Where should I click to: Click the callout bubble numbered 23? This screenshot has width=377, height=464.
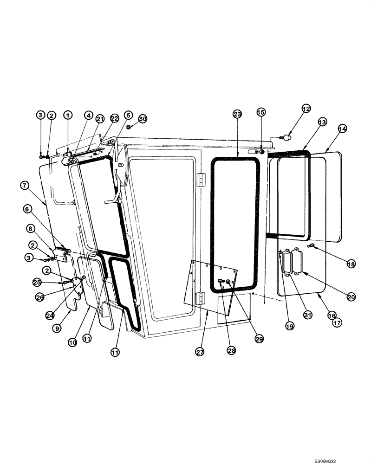point(237,114)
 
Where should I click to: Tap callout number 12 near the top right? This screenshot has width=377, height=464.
point(305,109)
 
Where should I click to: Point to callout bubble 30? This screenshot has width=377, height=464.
point(143,119)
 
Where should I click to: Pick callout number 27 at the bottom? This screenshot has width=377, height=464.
point(200,352)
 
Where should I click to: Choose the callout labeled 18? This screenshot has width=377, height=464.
point(351,263)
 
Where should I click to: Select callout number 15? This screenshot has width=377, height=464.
point(261,112)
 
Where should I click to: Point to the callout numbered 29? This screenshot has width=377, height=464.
point(259,339)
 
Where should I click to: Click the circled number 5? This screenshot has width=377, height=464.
point(128,115)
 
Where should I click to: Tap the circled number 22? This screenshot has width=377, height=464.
point(114,119)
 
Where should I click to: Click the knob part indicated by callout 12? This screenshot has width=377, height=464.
point(288,137)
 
